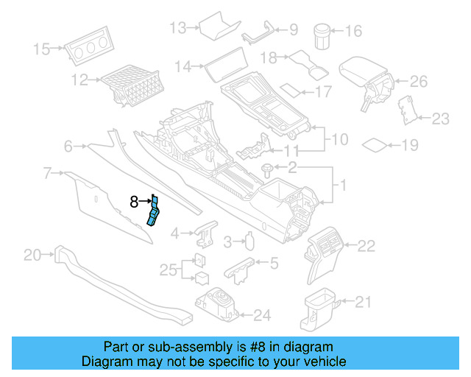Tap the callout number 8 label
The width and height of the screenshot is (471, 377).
click(134, 200)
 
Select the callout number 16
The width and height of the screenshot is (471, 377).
click(354, 32)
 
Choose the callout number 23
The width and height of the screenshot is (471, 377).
click(440, 118)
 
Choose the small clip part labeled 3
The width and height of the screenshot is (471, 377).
click(250, 242)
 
